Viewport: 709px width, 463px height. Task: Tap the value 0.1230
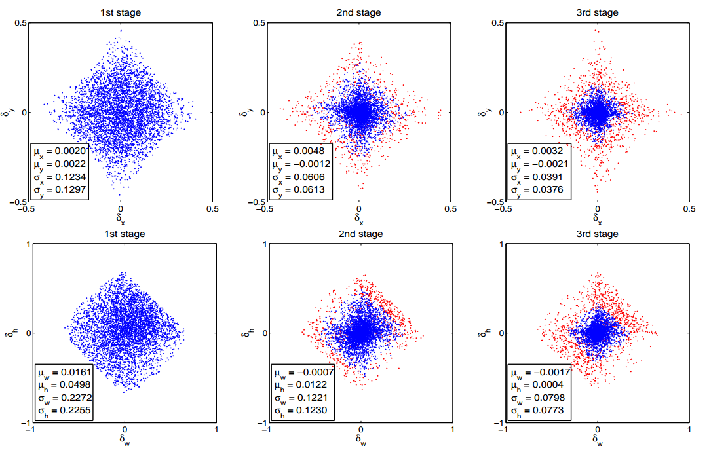coord(309,411)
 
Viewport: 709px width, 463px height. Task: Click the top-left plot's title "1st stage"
coord(121,12)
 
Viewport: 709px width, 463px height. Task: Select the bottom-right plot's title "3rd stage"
coord(597,234)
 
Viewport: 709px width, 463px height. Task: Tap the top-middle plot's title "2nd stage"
coord(359,12)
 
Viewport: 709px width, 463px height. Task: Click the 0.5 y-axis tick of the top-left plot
coord(20,24)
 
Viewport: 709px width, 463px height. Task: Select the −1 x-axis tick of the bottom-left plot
coord(29,430)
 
